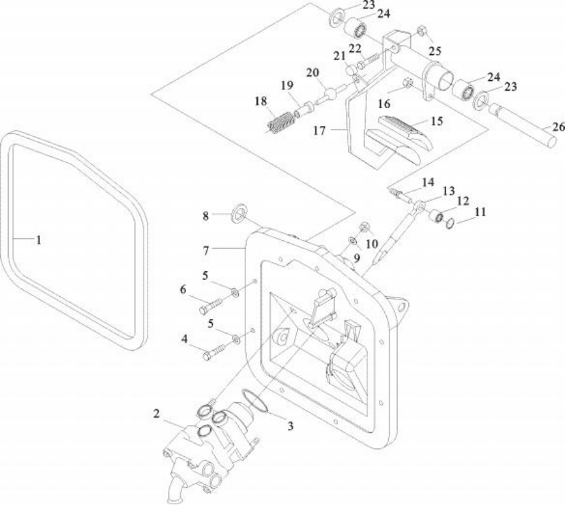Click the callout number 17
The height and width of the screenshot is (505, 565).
tap(319, 131)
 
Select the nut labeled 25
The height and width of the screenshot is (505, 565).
tap(422, 31)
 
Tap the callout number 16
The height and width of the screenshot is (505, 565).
tap(384, 104)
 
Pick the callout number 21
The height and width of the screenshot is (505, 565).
tap(340, 55)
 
